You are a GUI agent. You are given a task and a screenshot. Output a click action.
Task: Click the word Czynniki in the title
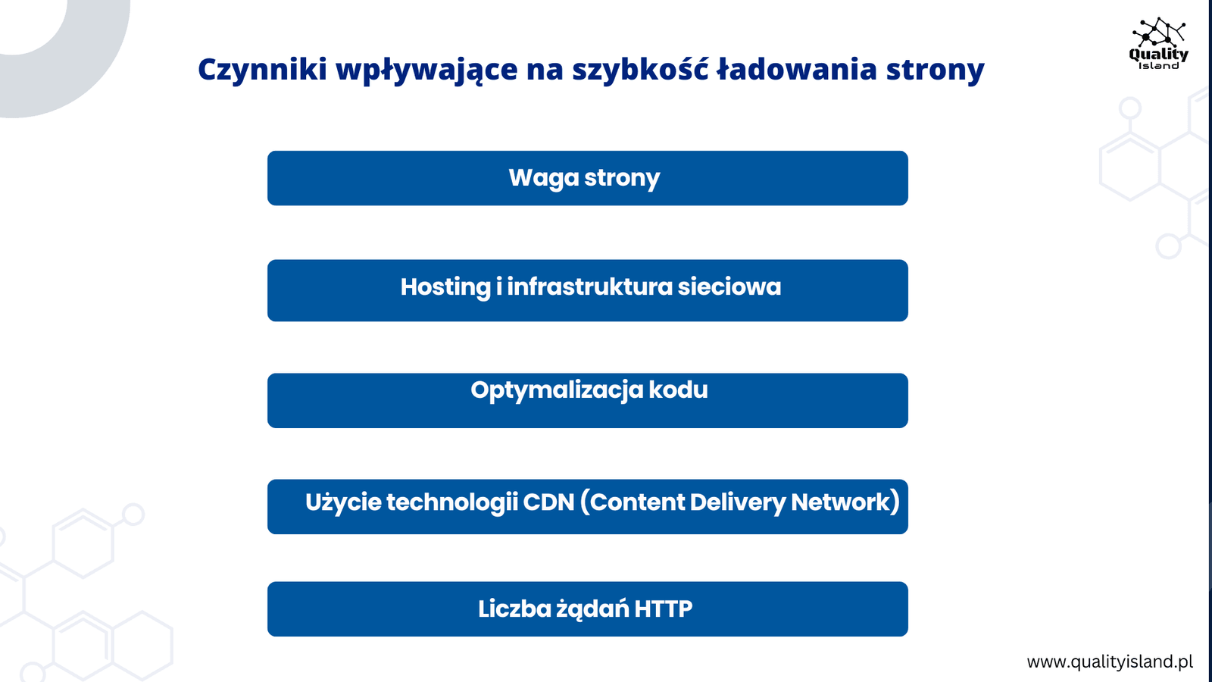262,70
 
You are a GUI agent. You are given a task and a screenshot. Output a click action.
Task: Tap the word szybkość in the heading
641,69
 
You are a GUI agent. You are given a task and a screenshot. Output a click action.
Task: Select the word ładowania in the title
796,69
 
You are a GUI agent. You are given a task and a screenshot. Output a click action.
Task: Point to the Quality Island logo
1158,43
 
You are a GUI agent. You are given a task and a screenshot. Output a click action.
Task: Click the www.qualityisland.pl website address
1110,662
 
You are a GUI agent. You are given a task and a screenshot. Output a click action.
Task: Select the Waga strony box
588,178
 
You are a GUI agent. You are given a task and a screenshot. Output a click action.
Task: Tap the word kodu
678,389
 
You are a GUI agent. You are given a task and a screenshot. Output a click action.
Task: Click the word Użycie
342,503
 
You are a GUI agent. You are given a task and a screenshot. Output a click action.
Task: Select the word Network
841,502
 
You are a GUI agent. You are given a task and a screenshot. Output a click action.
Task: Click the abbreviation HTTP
664,609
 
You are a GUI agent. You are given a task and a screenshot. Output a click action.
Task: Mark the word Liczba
514,609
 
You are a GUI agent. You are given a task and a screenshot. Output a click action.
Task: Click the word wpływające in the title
426,70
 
